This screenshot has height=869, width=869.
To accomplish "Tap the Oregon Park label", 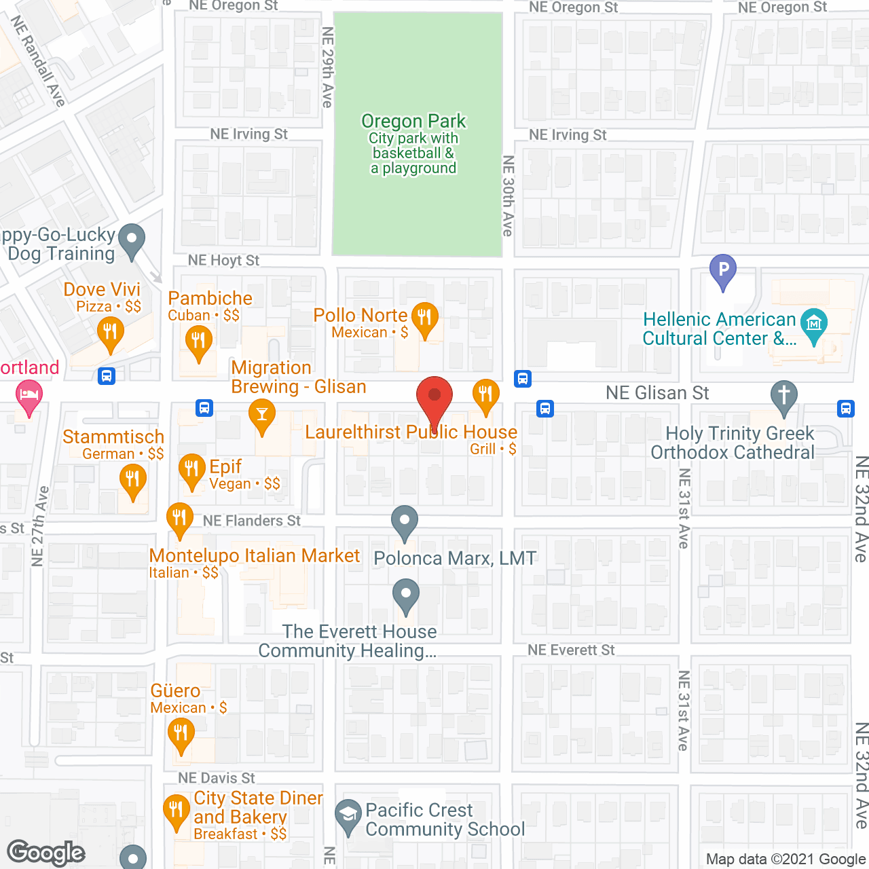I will [x=413, y=122].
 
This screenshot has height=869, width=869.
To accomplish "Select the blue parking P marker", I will [x=723, y=270].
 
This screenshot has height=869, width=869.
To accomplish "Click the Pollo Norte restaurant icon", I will [x=424, y=318].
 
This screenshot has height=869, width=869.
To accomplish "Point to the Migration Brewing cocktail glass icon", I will [x=261, y=414].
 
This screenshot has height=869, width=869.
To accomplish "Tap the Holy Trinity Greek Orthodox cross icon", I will [x=784, y=396].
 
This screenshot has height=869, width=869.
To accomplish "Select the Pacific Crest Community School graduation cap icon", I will [x=348, y=814].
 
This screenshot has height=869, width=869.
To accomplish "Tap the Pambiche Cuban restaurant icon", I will [x=198, y=340].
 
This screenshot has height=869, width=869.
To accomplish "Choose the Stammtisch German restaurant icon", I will [x=132, y=481].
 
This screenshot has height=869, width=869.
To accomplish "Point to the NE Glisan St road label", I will [x=657, y=393].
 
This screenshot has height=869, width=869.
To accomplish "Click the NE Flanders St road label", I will [x=252, y=521].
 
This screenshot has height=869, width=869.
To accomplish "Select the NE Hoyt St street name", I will [x=223, y=261].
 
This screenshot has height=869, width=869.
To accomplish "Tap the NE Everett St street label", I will [x=571, y=650].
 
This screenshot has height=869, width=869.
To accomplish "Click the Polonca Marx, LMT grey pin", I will [x=405, y=523].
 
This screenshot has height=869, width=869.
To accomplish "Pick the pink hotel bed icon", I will [x=29, y=396].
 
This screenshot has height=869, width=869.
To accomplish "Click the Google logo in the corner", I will [x=46, y=853].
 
